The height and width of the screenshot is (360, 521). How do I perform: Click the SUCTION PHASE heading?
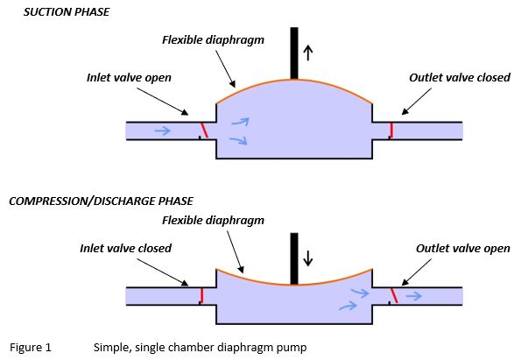(67, 12)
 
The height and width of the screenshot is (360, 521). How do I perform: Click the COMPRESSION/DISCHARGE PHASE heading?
(101, 201)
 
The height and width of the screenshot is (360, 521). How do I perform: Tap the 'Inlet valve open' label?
(129, 78)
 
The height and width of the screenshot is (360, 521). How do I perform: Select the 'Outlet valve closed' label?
(460, 77)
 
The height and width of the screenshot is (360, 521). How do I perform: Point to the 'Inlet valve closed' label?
(125, 248)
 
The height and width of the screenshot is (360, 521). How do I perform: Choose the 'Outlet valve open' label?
(463, 249)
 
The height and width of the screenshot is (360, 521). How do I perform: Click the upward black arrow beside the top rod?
(308, 53)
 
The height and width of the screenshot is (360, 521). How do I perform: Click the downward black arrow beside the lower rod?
(308, 258)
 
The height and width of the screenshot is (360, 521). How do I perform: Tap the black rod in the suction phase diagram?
(294, 53)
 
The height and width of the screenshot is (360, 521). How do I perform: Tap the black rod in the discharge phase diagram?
(294, 258)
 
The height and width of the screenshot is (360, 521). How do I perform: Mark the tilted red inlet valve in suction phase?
(204, 131)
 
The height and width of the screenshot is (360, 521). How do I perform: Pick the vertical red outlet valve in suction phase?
(391, 131)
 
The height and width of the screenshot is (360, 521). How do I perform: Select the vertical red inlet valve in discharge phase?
(201, 295)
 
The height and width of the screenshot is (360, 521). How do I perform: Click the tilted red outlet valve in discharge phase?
(394, 295)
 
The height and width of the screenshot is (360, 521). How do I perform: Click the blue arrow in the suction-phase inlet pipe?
(163, 131)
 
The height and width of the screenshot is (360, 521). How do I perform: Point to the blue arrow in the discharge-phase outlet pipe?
(414, 295)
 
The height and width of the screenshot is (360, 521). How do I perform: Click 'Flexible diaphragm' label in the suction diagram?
(213, 40)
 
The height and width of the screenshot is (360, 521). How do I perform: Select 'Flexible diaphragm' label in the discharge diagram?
(213, 221)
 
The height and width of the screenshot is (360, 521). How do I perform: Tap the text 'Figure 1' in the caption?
(31, 348)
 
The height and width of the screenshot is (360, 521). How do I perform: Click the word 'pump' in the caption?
(292, 349)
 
